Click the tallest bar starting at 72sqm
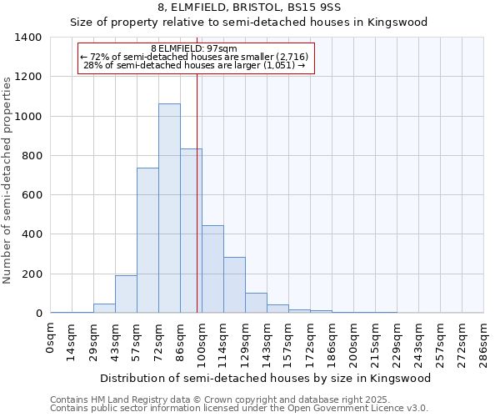pyautogui.click(x=169, y=208)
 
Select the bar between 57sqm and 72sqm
pyautogui.click(x=147, y=240)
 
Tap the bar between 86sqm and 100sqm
pyautogui.click(x=191, y=231)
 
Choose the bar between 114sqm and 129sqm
pyautogui.click(x=234, y=285)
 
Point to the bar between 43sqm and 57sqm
pyautogui.click(x=126, y=294)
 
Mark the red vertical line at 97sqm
pyautogui.click(x=197, y=183)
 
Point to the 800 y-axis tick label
pyautogui.click(x=32, y=156)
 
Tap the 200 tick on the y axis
pyautogui.click(x=32, y=274)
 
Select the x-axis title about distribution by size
pyautogui.click(x=267, y=379)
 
